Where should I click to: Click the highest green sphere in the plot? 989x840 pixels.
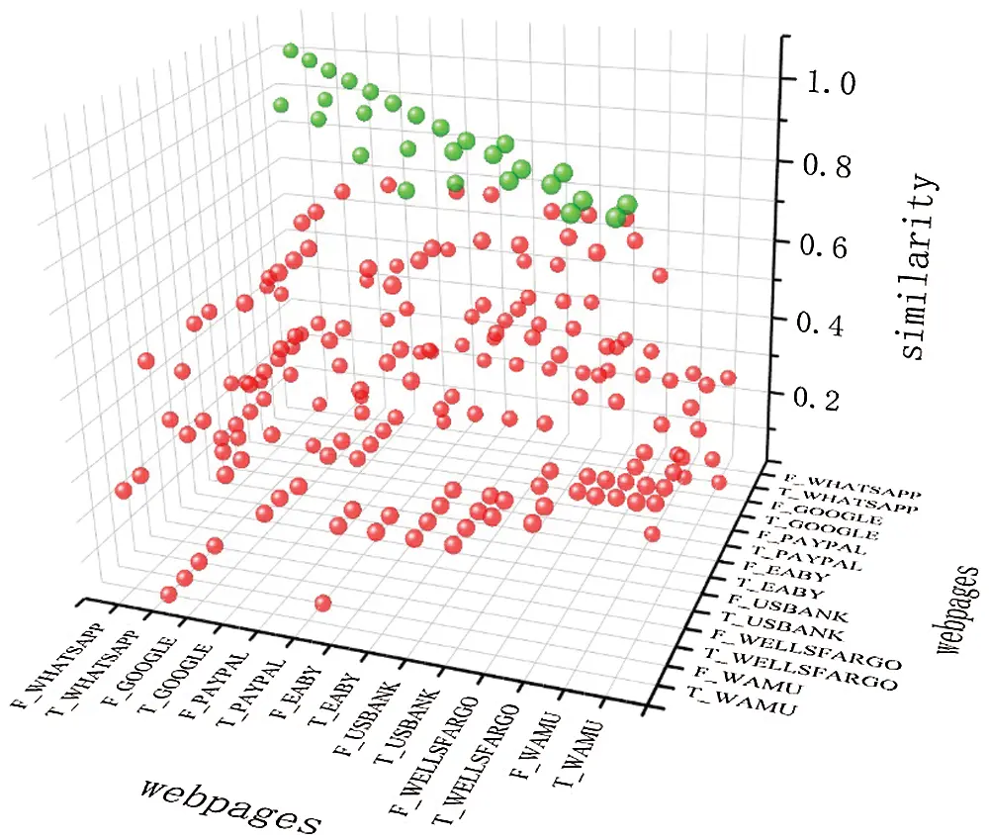(290, 50)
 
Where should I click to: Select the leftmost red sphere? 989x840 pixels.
(124, 490)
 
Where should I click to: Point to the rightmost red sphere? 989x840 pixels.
(729, 377)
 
